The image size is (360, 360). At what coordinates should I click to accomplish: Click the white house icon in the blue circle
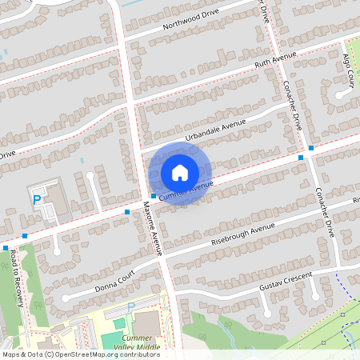point(180,172)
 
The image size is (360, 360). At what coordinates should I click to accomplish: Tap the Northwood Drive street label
point(190,20)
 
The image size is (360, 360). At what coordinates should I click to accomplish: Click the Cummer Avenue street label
point(186,190)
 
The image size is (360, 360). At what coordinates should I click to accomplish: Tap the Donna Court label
point(116,284)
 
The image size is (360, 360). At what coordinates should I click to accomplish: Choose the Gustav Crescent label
point(283,286)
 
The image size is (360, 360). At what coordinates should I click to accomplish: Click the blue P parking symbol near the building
point(37,198)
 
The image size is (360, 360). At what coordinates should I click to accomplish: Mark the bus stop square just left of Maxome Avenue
point(127,212)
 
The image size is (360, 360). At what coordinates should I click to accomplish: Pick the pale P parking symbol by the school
point(131,306)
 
